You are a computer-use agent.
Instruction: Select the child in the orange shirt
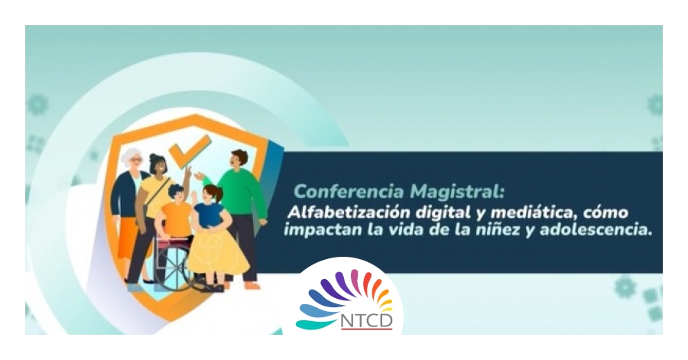tap(176, 219)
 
